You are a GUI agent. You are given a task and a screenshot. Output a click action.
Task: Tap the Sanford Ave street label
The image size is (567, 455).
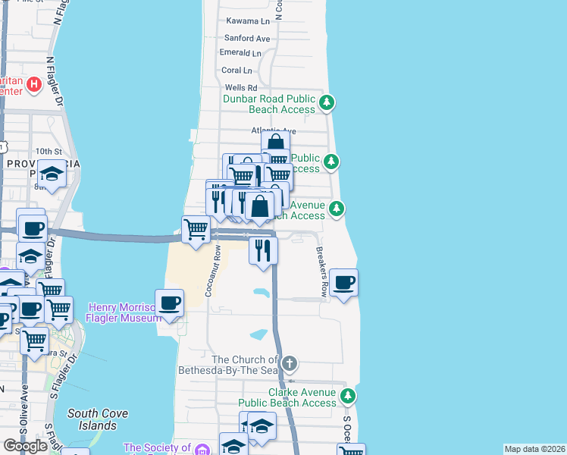pyautogui.click(x=247, y=38)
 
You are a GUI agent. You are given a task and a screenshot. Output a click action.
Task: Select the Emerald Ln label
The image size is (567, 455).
pyautogui.click(x=240, y=53)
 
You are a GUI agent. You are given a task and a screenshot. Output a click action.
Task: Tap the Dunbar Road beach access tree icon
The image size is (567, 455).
pyautogui.click(x=326, y=102)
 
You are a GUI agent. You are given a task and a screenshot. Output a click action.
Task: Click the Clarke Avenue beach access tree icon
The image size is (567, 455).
pyautogui.click(x=348, y=395)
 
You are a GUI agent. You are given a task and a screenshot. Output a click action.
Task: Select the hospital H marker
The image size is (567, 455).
pyautogui.click(x=33, y=84)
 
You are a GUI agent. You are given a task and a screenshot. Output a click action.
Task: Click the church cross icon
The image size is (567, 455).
pyautogui.click(x=288, y=363)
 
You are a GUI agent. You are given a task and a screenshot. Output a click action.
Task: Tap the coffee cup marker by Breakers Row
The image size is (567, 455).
pyautogui.click(x=343, y=283)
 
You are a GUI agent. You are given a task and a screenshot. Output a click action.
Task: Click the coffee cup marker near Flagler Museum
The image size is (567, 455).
pyautogui.click(x=169, y=303)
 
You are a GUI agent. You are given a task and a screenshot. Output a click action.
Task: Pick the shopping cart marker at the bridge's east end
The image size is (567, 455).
pyautogui.click(x=196, y=228)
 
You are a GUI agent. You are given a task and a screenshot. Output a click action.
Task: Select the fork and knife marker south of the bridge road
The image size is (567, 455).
pyautogui.click(x=263, y=250)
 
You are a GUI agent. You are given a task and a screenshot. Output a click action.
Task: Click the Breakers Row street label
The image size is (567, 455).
pyautogui.click(x=324, y=271)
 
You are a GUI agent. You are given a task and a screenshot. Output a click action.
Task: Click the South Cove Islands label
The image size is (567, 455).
pyautogui.click(x=97, y=419)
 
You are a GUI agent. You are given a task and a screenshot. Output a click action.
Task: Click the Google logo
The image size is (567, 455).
pyautogui.click(x=25, y=446)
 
